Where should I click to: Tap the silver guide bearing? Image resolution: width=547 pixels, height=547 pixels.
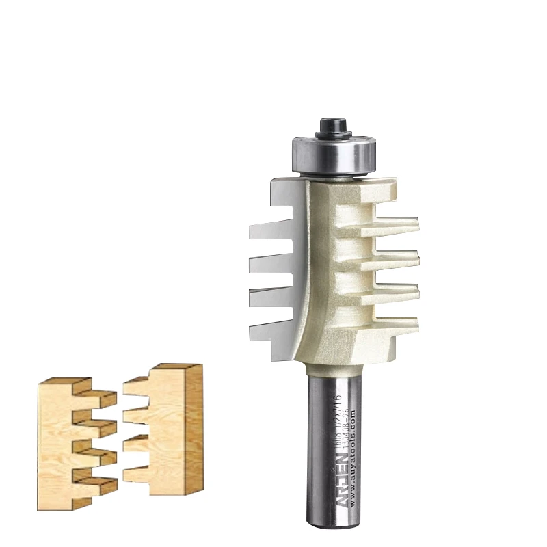[333, 153]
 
